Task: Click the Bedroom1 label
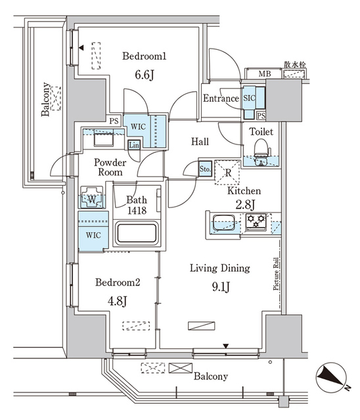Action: point(145,57)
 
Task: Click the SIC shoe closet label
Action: point(249,97)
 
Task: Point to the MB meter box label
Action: point(263,73)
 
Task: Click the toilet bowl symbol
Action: point(261,148)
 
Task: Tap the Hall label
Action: point(200,142)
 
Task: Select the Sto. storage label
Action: point(205,169)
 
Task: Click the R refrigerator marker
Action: point(227,174)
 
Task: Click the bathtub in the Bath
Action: point(136,234)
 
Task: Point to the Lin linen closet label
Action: point(134,145)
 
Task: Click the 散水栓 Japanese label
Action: point(294,65)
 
